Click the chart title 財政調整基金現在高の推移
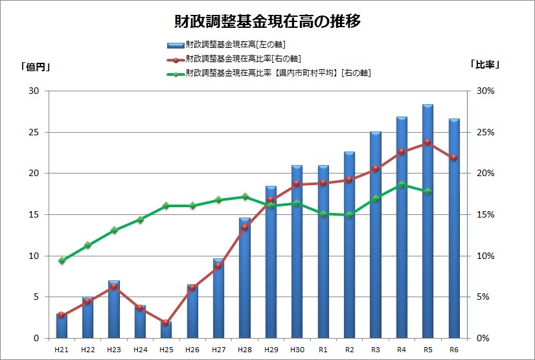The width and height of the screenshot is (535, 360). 267,21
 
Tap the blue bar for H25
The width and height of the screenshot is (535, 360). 166,331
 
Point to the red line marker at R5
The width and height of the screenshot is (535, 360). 427,142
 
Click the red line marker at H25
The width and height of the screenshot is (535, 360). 166,322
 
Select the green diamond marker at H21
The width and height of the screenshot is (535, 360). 62,260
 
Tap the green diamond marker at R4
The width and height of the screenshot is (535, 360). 402,185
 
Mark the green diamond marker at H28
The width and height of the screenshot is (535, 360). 244,197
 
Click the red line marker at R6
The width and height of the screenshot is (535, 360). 453,157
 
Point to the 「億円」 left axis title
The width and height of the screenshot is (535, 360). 36,65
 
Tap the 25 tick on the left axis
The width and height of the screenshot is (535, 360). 34,132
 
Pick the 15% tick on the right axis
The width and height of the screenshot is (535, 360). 484,214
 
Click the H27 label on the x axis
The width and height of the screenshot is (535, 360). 218,350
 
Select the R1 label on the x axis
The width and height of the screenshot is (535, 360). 323,350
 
